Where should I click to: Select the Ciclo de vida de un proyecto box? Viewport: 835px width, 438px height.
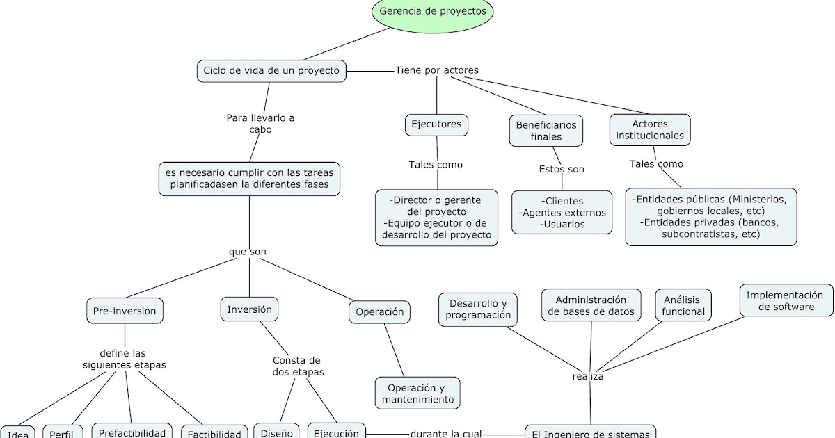(271, 70)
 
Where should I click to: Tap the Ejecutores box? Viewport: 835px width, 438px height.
(436, 124)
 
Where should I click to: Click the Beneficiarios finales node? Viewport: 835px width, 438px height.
(546, 131)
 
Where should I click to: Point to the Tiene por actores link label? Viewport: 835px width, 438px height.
(436, 70)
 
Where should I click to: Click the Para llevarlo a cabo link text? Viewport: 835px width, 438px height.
(260, 124)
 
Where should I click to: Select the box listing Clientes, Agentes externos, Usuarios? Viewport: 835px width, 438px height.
(562, 213)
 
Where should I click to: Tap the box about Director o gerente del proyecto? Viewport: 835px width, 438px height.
(436, 217)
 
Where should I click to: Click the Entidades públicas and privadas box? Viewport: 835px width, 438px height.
(710, 217)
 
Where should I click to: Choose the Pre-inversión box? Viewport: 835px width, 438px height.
(125, 311)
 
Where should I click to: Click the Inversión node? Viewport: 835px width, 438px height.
(249, 309)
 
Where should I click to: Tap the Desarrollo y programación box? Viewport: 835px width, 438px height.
(478, 309)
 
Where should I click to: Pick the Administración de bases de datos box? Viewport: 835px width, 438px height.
(591, 305)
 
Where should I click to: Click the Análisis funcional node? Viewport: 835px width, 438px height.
(683, 305)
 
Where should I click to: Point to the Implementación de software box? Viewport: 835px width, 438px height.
(786, 300)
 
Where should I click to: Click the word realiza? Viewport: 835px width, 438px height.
(587, 376)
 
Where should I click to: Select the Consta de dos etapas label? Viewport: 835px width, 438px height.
(296, 366)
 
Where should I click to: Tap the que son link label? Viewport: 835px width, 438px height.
(247, 251)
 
